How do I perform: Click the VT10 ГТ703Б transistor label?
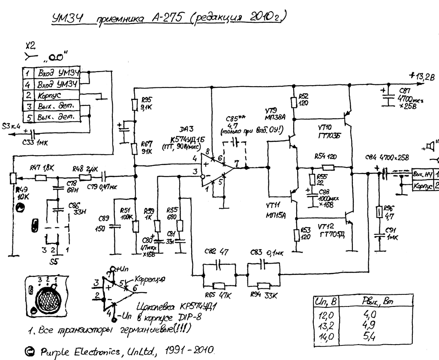(x=329, y=131)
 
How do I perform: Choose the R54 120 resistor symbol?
(x=328, y=168)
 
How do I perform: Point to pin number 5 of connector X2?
(x=27, y=117)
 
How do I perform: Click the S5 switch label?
(x=54, y=260)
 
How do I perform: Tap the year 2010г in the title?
(x=270, y=18)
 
